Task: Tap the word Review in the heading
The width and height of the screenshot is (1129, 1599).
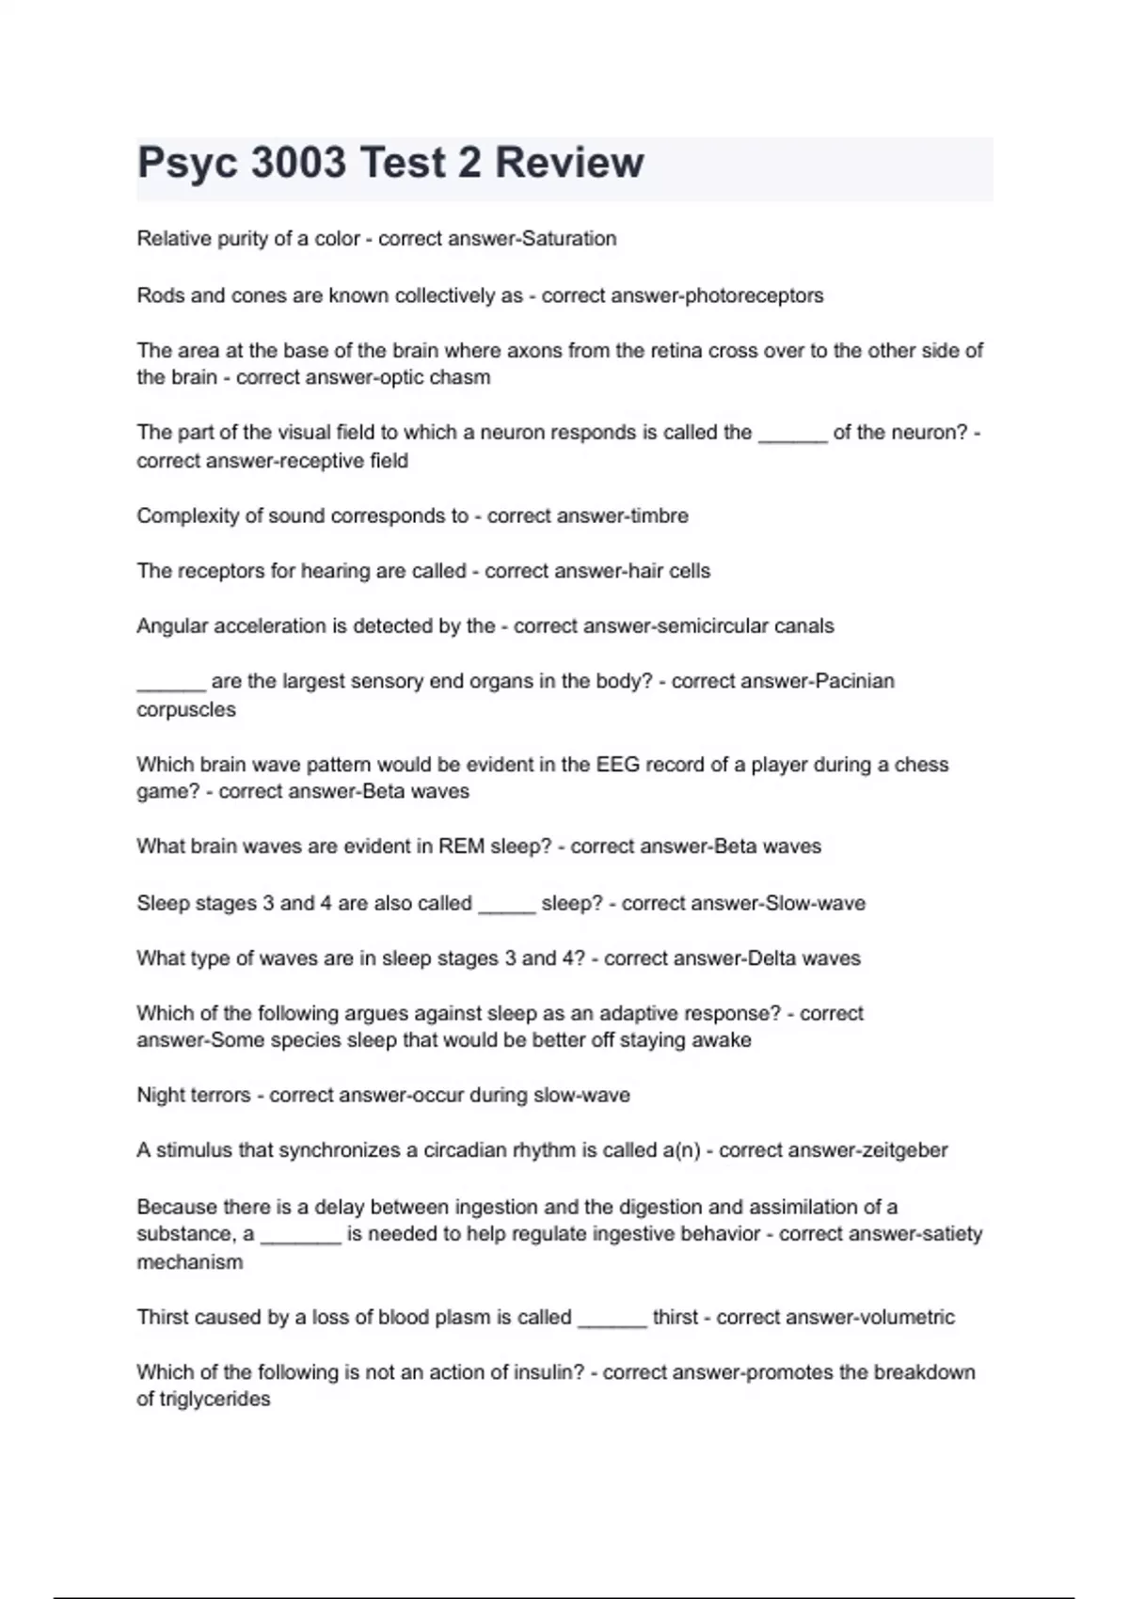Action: point(569,163)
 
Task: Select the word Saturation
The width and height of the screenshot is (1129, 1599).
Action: point(569,239)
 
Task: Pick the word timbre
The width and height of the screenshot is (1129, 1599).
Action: point(659,516)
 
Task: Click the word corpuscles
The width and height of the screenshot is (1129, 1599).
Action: point(186,710)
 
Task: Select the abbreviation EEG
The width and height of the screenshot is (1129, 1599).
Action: point(616,765)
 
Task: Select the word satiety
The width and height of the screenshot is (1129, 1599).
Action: point(946,1234)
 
